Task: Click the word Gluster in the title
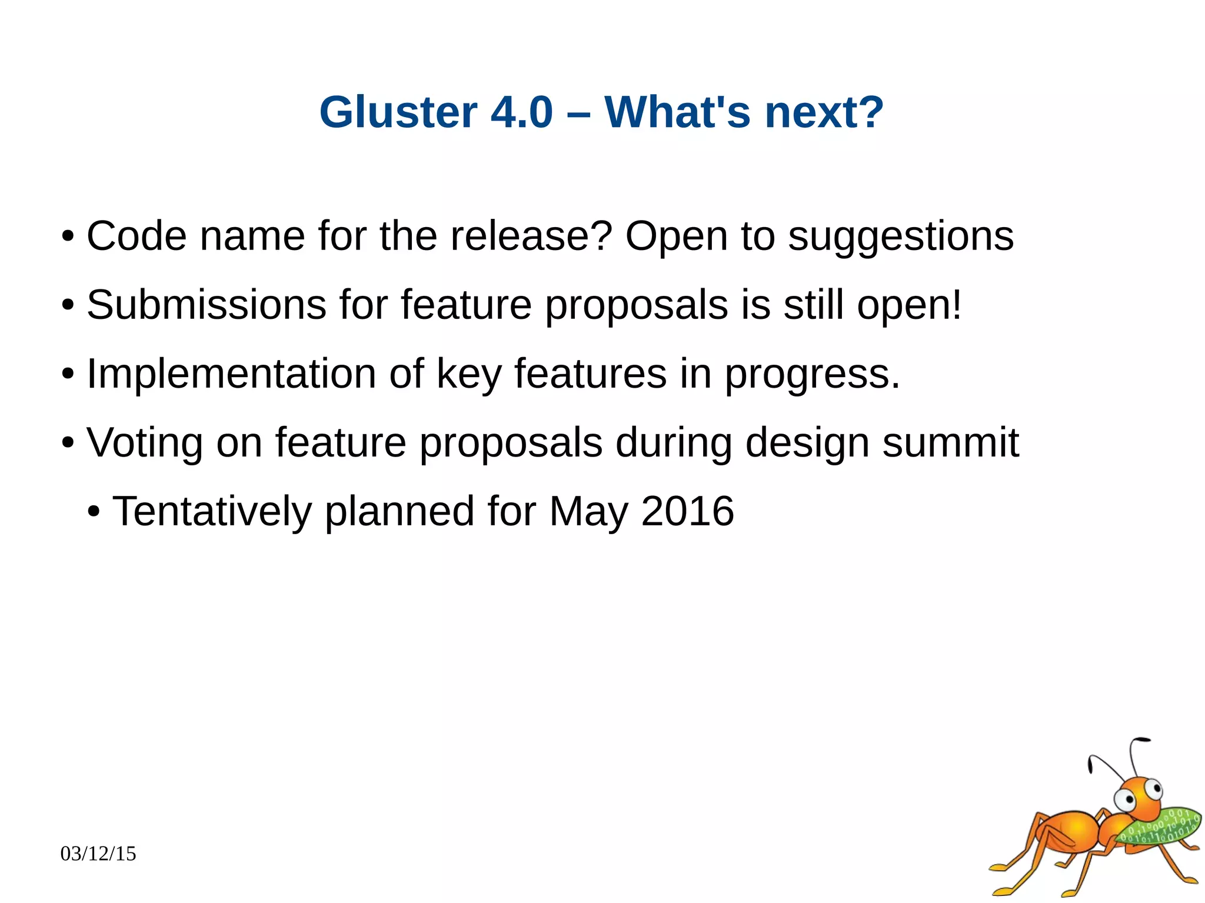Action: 398,112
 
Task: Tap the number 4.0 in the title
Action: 521,112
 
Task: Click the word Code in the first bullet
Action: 137,236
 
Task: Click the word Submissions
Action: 206,305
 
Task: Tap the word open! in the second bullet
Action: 909,306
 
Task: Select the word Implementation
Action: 231,374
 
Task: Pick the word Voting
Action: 144,442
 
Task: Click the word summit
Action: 950,442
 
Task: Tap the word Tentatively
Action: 212,511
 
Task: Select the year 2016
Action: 687,511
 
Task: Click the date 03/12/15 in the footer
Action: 98,853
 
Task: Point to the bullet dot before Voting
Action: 68,443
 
